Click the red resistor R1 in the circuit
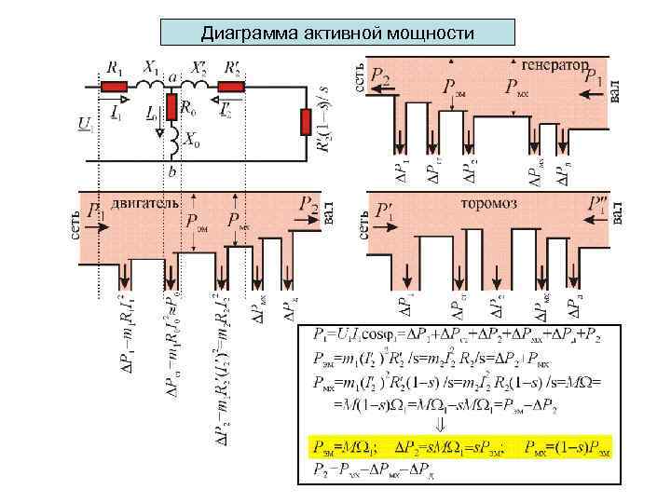[x=114, y=87]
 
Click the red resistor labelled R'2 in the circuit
[x=231, y=87]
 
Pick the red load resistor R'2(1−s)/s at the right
[x=305, y=122]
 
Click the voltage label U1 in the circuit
[x=86, y=122]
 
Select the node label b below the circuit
[x=171, y=170]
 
